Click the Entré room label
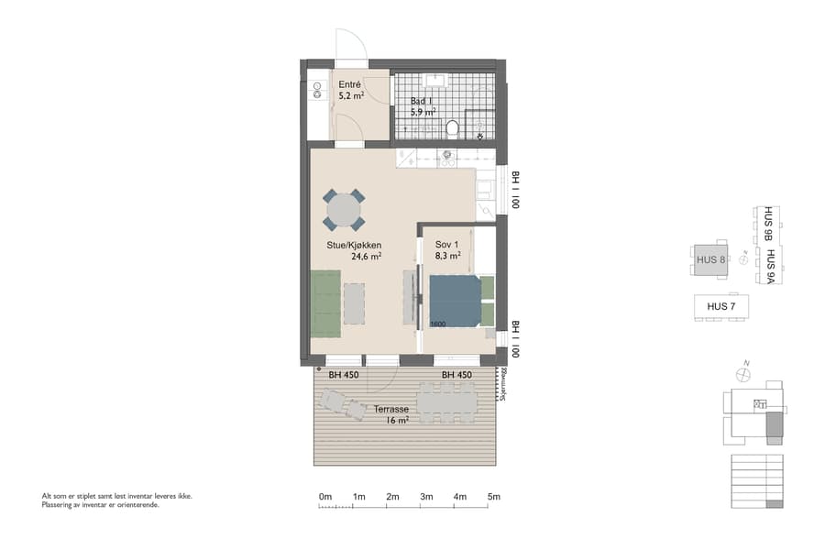[x=349, y=84]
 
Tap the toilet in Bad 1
[x=452, y=127]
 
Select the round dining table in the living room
[x=344, y=210]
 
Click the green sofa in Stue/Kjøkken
[x=324, y=303]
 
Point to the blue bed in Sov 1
[x=455, y=301]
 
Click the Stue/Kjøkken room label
[x=354, y=245]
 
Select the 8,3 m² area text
[x=447, y=258]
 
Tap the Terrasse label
[x=390, y=410]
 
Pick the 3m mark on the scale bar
[x=426, y=497]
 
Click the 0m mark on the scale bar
[x=324, y=497]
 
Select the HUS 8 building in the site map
[x=710, y=259]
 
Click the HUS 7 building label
[x=709, y=305]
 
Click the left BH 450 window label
[x=343, y=374]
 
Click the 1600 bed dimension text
[x=438, y=324]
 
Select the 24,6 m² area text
[x=366, y=258]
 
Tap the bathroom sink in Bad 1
[x=436, y=82]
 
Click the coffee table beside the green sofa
[x=354, y=303]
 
